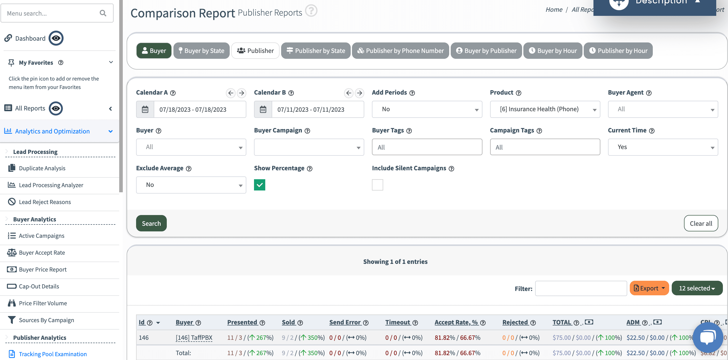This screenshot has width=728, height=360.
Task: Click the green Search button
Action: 151,223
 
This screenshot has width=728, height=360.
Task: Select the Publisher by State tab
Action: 316,51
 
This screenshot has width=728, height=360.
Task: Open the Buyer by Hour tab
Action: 553,51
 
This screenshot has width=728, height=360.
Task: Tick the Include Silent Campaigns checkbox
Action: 377,185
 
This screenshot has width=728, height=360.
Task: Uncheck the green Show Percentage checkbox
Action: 259,185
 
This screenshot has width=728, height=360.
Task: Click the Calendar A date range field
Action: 200,109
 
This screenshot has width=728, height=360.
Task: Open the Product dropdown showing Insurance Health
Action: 545,109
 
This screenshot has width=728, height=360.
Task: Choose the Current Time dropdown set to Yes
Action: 663,147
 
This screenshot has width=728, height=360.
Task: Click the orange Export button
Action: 649,288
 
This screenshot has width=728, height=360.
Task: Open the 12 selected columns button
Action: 697,288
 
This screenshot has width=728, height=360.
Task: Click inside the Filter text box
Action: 581,288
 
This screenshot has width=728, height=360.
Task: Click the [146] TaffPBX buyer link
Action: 194,338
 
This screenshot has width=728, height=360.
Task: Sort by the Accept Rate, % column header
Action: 456,322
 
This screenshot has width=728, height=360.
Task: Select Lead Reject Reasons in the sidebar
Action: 45,202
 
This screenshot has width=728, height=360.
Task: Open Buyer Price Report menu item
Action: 43,269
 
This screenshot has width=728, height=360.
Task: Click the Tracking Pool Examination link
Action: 52,354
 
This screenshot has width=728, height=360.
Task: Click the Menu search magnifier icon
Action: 103,13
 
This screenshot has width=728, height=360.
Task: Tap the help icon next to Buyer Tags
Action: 409,131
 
